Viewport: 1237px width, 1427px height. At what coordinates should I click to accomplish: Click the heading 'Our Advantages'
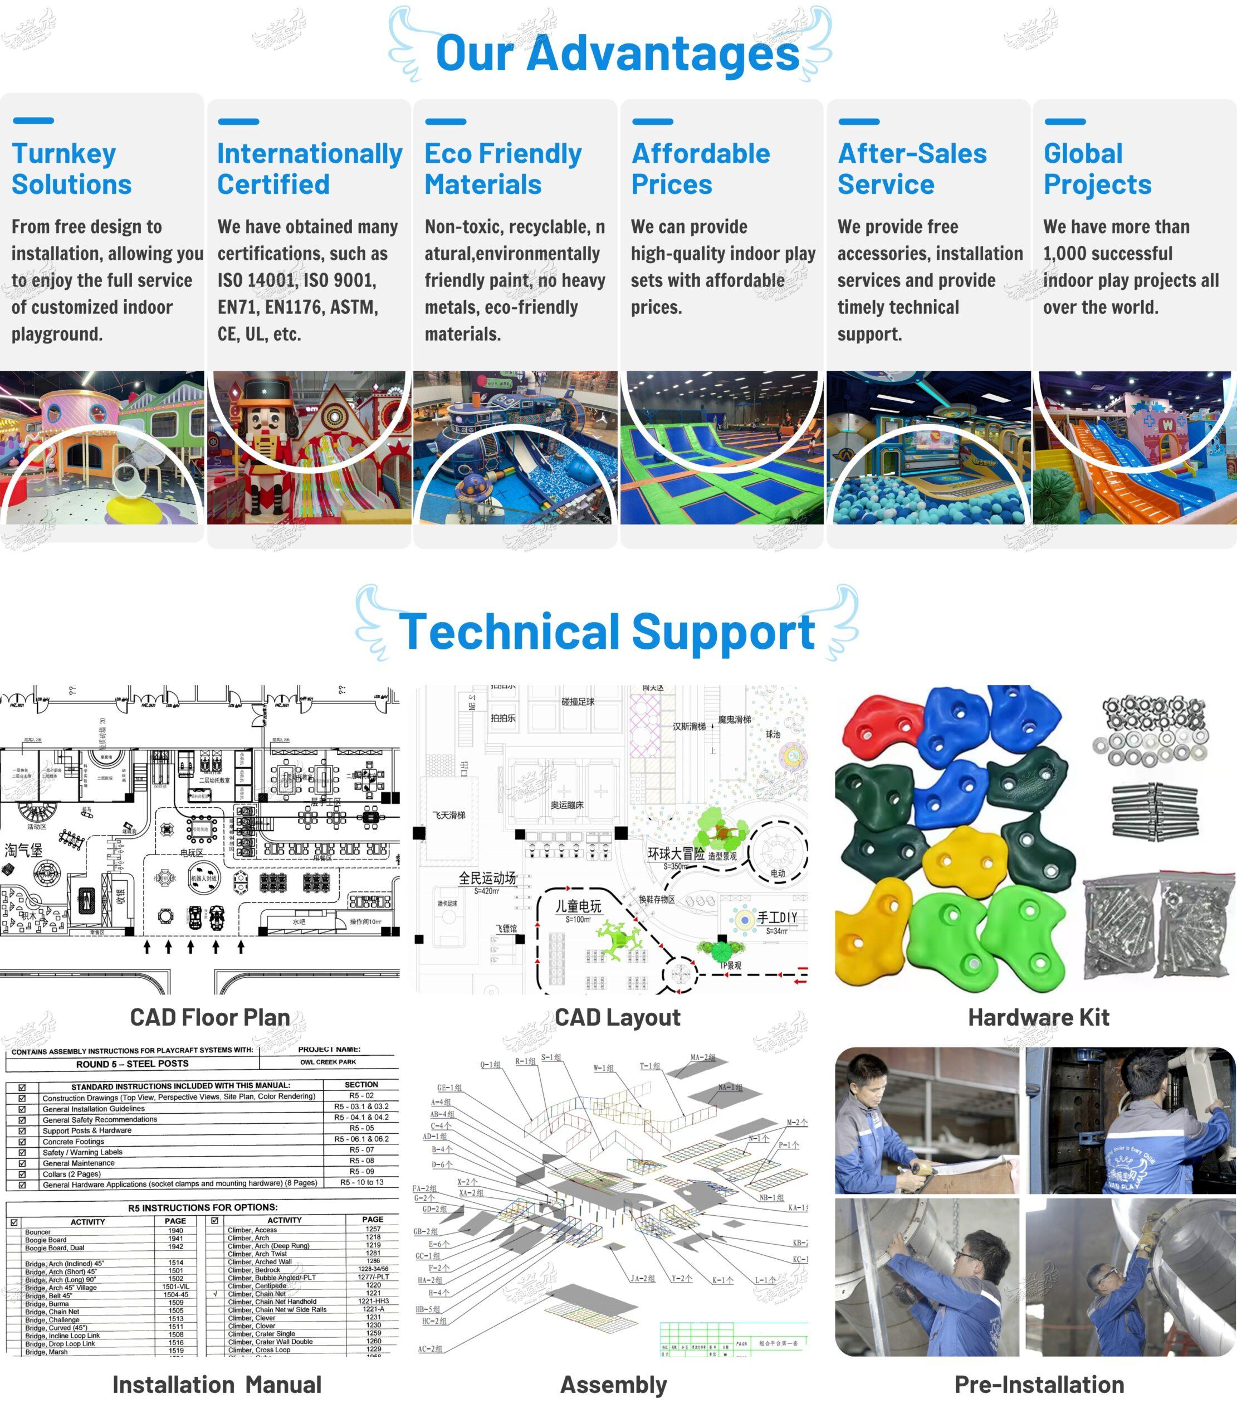pos(617,52)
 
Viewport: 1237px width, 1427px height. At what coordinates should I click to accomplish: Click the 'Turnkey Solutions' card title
pos(72,169)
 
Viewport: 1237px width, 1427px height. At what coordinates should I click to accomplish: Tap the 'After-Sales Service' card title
pos(912,169)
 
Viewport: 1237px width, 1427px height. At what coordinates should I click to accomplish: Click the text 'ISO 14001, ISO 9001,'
pos(297,280)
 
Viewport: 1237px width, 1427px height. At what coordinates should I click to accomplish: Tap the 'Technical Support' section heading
pos(607,632)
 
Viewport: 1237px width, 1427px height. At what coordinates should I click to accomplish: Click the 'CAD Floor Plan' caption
pos(210,1017)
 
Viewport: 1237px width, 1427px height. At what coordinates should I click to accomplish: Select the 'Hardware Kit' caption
pos(1038,1017)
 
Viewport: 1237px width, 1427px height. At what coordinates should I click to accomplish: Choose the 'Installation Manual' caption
pos(217,1385)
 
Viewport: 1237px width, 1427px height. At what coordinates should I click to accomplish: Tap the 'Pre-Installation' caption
pos(1039,1385)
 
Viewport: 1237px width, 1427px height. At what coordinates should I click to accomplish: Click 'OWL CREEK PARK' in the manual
pos(328,1062)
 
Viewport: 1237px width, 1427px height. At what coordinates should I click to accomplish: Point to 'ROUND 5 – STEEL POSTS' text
pos(132,1064)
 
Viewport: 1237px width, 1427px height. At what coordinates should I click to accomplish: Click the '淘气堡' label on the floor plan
pos(23,850)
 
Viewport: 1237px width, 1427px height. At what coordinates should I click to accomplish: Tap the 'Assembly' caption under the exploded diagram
pos(614,1385)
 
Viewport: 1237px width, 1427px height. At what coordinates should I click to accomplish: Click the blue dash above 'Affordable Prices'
pos(652,122)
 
